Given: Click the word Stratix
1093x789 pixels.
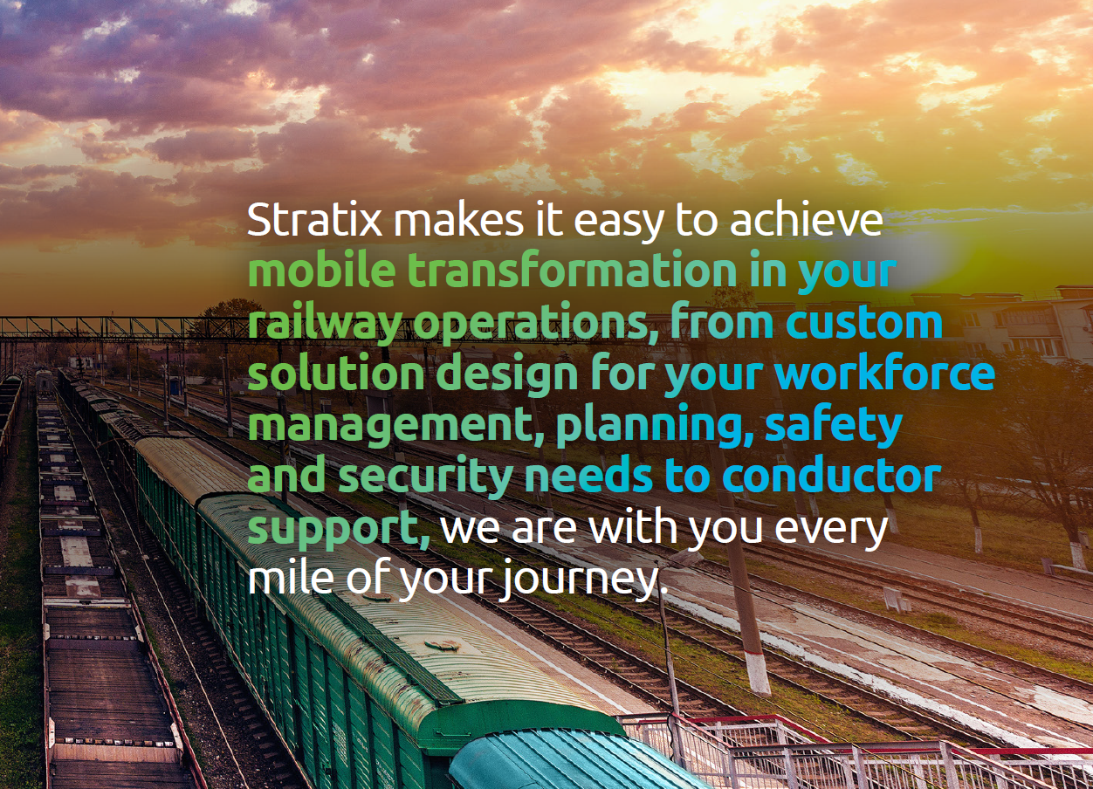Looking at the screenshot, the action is [x=314, y=220].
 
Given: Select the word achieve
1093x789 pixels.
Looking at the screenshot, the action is [x=806, y=220].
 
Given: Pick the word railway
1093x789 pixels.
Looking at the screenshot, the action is [x=325, y=324].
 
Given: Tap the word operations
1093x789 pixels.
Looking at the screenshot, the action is [x=535, y=324].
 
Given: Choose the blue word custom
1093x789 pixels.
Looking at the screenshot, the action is [x=864, y=322].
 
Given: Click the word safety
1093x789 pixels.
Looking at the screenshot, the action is [x=834, y=427].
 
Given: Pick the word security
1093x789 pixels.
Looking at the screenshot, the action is [x=425, y=477].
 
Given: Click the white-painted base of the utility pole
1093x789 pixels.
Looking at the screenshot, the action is [x=758, y=674].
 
